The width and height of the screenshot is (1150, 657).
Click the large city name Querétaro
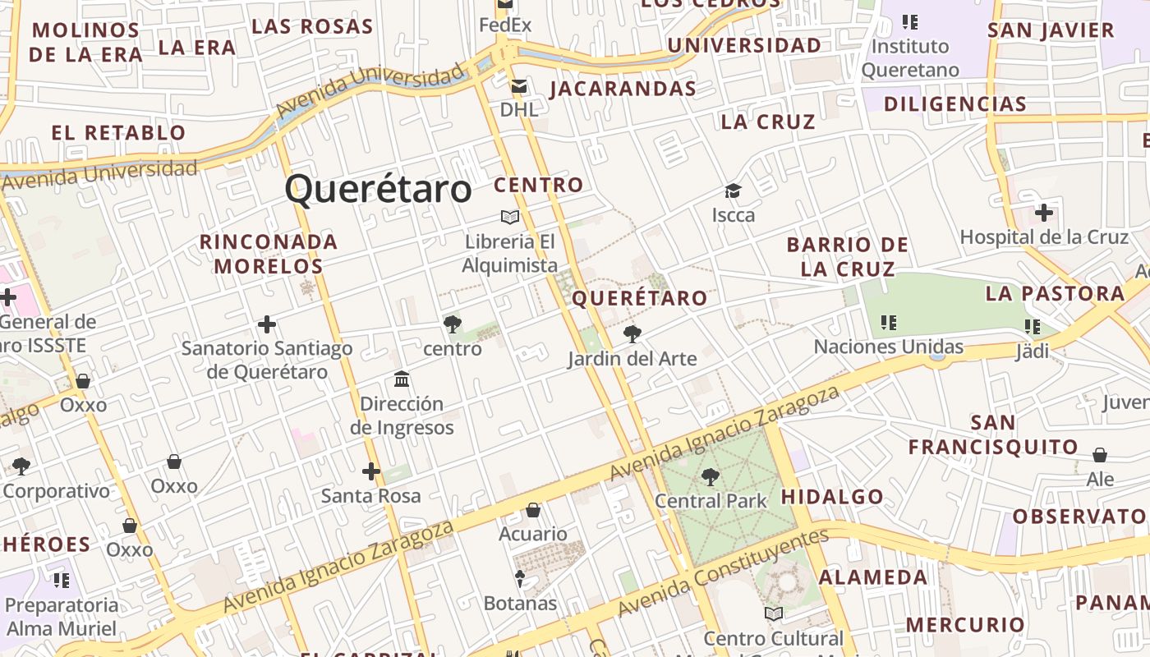click(378, 190)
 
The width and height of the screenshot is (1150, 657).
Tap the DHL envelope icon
click(519, 86)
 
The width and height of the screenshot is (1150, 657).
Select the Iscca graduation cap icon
click(733, 191)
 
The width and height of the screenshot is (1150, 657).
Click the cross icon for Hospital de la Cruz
click(1044, 214)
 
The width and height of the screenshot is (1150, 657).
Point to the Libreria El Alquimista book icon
click(510, 218)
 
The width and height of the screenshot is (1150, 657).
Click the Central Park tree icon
click(711, 476)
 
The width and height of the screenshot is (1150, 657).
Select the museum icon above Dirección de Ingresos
click(402, 379)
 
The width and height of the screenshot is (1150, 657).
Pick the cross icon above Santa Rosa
click(371, 471)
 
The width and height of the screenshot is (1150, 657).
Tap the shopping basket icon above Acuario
click(533, 510)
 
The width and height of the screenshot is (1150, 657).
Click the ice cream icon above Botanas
click(520, 579)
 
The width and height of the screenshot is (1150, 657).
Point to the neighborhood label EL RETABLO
click(119, 133)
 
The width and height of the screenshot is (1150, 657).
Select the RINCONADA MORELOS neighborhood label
click(269, 254)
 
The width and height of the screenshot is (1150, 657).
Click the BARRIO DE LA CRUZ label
click(848, 256)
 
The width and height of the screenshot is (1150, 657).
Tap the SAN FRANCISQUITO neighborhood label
click(993, 435)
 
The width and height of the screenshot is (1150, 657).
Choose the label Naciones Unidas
click(889, 347)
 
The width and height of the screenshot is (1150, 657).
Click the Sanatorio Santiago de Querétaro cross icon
click(267, 324)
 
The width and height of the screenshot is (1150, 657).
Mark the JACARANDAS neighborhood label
click(623, 89)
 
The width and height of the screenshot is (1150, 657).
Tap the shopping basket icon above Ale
click(1100, 455)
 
